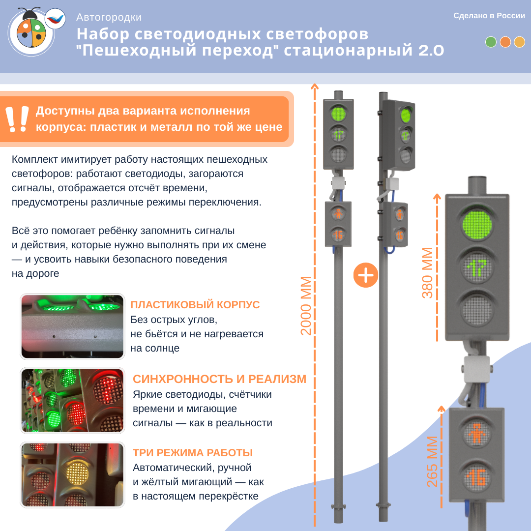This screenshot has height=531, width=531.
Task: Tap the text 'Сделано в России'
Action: click(489, 16)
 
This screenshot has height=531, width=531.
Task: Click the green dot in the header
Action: click(491, 42)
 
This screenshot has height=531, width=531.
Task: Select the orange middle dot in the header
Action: click(505, 42)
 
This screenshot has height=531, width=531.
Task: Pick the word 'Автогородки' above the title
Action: click(109, 17)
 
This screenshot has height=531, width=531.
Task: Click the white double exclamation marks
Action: click(17, 119)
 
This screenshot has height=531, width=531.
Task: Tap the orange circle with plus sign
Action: click(366, 275)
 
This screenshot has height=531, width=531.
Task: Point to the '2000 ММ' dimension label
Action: click(306, 306)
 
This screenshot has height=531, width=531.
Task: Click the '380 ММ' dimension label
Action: click(427, 273)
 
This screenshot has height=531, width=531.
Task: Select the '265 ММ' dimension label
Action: click(432, 462)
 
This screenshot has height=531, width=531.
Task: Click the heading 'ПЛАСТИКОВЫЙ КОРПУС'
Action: click(195, 305)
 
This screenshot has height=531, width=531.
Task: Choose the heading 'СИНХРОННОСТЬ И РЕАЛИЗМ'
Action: click(219, 379)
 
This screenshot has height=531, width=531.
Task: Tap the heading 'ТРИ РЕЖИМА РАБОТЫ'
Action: click(193, 453)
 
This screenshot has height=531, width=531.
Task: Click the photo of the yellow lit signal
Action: click(72, 475)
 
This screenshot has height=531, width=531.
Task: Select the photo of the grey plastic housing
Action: click(72, 326)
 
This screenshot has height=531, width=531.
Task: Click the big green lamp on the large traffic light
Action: click(477, 225)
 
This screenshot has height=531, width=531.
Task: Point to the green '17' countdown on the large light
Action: click(477, 267)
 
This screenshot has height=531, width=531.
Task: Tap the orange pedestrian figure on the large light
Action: click(476, 434)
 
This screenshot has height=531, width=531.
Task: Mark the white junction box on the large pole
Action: click(477, 369)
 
